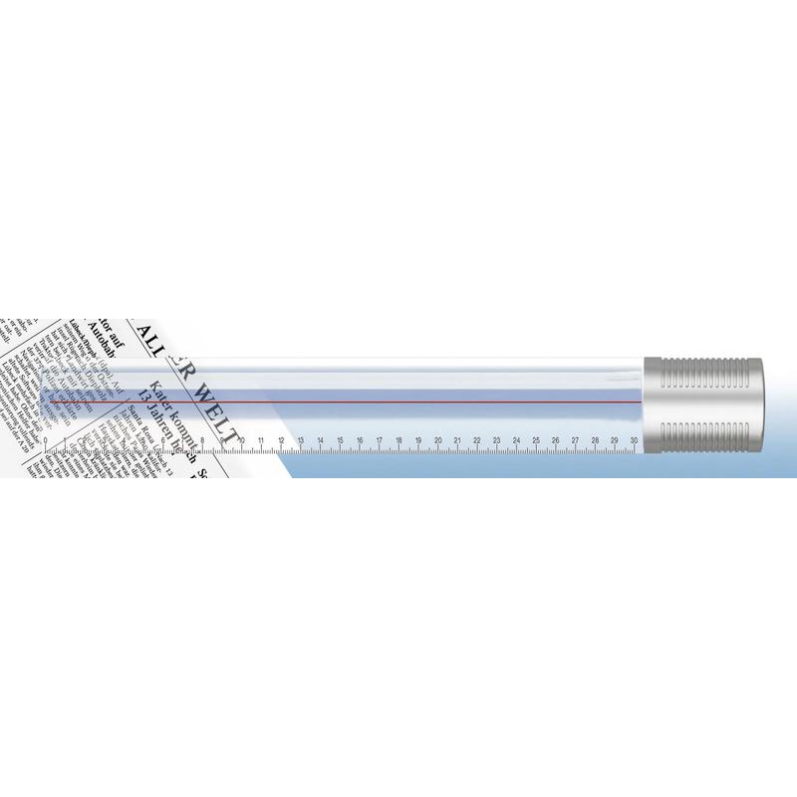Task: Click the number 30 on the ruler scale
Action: point(635,440)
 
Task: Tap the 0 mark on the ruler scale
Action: point(45,440)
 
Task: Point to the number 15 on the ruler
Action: point(340,440)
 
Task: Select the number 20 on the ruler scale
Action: point(437,440)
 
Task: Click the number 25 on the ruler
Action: point(536,440)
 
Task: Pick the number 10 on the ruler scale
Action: point(242,440)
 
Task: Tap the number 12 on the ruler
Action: point(281,440)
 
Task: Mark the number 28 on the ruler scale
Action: point(595,440)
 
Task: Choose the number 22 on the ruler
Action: point(477,440)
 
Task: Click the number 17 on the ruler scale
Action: point(379,440)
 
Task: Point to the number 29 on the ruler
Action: point(615,440)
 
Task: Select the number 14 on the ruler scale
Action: point(320,440)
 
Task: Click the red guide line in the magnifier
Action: point(398,401)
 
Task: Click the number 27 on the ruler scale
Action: point(575,440)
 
